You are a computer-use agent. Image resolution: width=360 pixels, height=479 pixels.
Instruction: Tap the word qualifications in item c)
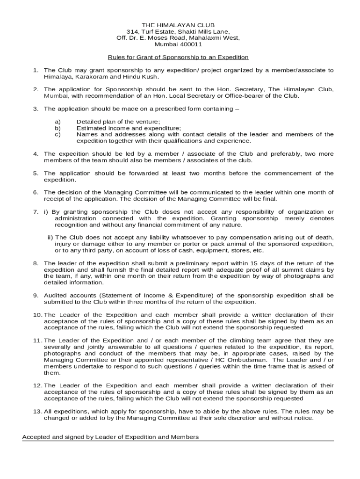pyautogui.click(x=182, y=141)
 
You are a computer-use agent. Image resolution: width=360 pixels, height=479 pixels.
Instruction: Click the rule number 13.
pyautogui.click(x=37, y=412)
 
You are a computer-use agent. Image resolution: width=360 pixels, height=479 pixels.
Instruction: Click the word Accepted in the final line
pyautogui.click(x=36, y=437)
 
